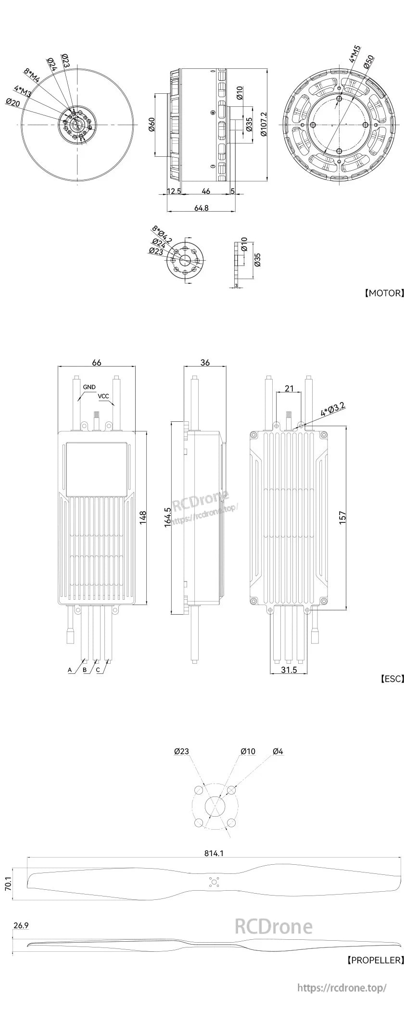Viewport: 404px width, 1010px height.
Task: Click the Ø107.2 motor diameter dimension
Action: [264, 125]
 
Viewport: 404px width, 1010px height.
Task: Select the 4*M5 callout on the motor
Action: [354, 54]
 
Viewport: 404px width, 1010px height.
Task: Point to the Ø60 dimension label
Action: [151, 124]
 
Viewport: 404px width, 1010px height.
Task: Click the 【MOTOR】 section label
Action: [383, 293]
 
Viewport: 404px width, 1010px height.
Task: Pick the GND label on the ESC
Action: [89, 387]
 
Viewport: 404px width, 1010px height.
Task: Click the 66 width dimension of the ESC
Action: [97, 362]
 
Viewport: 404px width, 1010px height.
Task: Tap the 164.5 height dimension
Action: [167, 518]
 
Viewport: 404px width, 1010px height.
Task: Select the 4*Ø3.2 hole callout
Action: [332, 408]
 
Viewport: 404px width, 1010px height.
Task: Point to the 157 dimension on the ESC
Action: [342, 518]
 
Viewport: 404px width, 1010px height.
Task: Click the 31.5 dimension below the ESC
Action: [289, 669]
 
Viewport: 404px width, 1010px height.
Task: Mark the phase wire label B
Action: [85, 669]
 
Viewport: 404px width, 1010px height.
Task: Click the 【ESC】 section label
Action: [391, 679]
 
